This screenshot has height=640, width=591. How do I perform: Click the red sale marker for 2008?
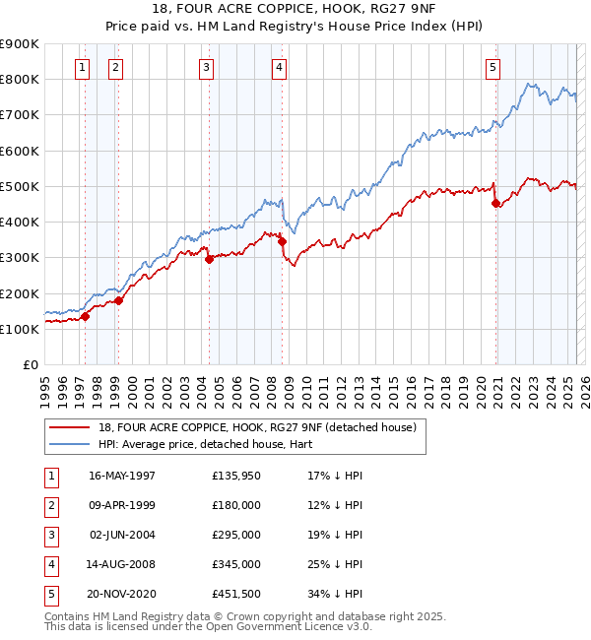point(282,241)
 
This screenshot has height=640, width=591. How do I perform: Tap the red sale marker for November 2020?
point(495,204)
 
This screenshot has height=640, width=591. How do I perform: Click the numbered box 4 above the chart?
point(280,67)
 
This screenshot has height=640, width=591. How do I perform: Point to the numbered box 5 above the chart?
point(492,67)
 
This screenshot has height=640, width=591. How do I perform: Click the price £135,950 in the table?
point(235,476)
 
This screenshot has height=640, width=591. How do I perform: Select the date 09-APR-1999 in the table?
point(122,505)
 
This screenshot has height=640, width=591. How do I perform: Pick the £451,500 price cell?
point(235,594)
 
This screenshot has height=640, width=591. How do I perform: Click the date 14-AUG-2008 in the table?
point(122,564)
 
